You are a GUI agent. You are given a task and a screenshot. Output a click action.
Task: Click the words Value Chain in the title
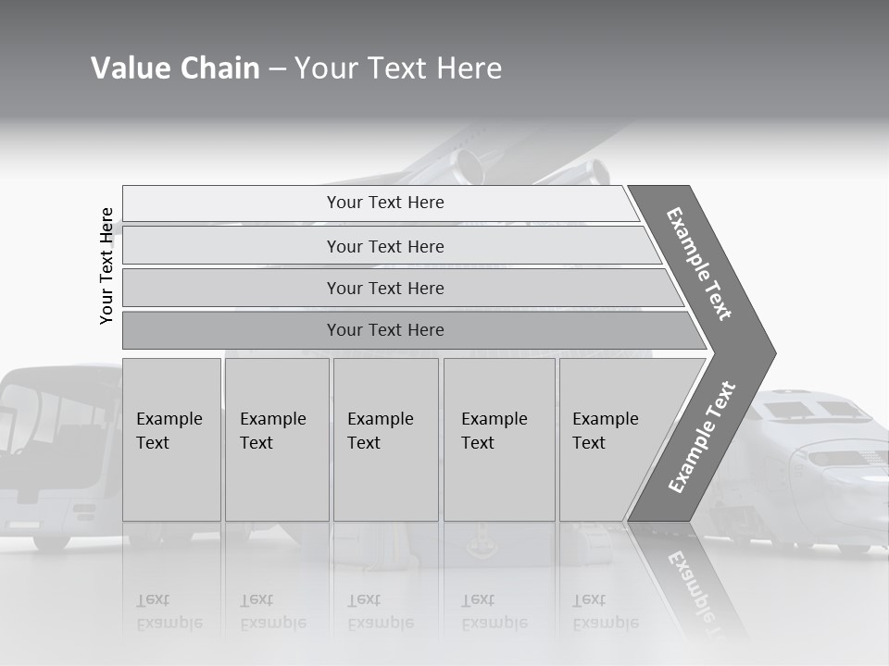(x=175, y=68)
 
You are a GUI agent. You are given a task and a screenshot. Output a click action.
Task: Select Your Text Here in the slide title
(x=398, y=68)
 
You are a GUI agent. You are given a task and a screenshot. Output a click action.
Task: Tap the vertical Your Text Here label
(x=106, y=265)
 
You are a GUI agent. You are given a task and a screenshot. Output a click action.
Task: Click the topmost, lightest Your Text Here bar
(x=384, y=203)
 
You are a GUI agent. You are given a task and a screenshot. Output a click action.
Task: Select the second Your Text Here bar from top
(x=384, y=246)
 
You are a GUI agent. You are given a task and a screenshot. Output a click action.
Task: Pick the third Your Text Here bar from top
(x=384, y=288)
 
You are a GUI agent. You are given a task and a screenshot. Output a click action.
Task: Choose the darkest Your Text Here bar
(x=384, y=330)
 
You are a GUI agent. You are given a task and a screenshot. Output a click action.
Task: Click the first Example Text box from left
(x=171, y=439)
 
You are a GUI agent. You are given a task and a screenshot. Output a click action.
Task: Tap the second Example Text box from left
(x=276, y=439)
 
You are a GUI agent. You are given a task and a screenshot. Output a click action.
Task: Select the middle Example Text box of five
(x=385, y=439)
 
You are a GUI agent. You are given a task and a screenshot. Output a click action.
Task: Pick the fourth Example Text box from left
(x=498, y=439)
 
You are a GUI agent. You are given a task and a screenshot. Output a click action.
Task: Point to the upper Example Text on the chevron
(x=699, y=264)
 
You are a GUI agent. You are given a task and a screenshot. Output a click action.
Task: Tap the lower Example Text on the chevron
(x=702, y=437)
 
